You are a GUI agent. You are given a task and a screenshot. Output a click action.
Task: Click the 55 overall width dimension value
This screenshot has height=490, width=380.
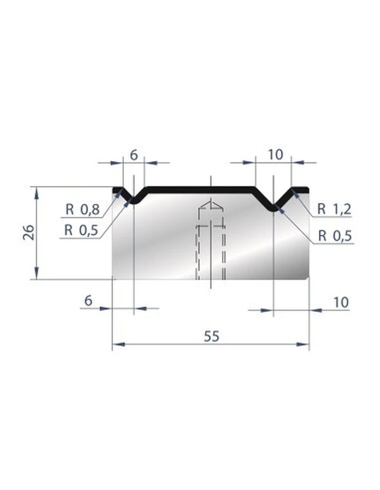point(211,336)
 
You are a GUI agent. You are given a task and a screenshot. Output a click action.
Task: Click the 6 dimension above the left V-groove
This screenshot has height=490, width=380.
point(134,155)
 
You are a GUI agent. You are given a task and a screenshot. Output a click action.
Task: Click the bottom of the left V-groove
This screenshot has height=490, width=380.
point(134,203)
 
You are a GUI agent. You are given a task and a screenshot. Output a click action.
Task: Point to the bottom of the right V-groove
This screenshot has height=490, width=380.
point(273,209)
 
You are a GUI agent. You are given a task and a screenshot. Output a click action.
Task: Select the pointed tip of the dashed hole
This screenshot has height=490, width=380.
point(211,201)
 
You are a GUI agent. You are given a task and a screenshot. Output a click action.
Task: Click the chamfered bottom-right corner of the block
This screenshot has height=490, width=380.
point(308,277)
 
